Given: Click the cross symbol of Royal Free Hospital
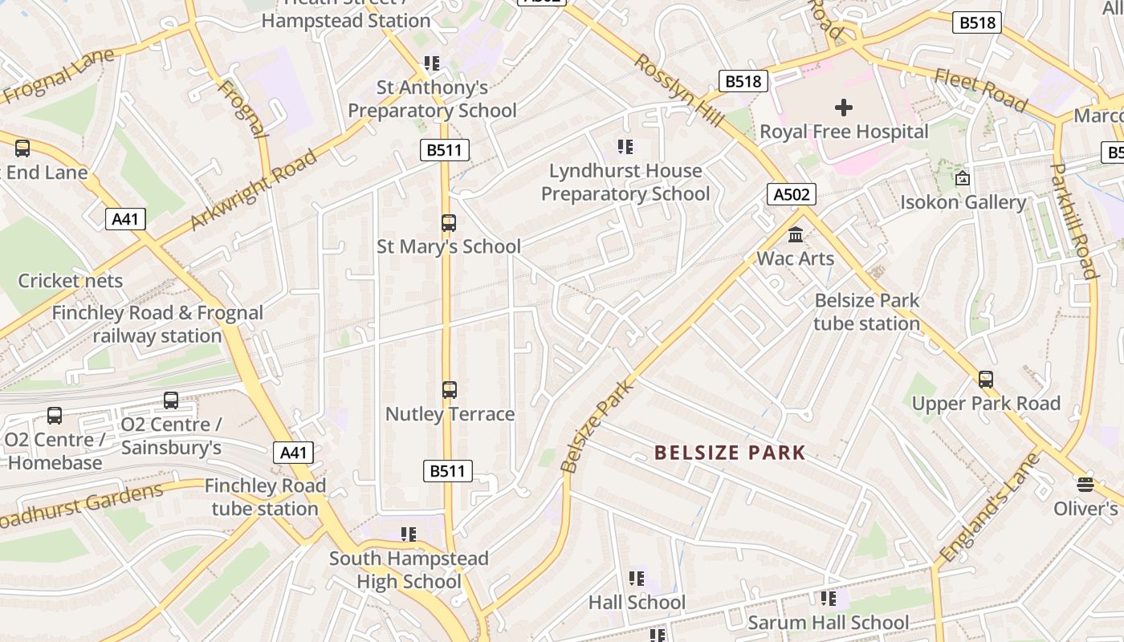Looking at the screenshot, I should pyautogui.click(x=843, y=107).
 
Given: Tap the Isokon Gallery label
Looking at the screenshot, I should pyautogui.click(x=963, y=201).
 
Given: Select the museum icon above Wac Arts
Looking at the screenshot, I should pyautogui.click(x=796, y=235).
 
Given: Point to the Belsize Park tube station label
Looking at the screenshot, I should pyautogui.click(x=867, y=311).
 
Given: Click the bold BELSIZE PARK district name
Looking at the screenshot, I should pyautogui.click(x=730, y=453).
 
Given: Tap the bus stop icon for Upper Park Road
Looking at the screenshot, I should pyautogui.click(x=986, y=380).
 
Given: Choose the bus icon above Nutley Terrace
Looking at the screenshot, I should pyautogui.click(x=450, y=390).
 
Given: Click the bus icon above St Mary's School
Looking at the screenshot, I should pyautogui.click(x=449, y=223).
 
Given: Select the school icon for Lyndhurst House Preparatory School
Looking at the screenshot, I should pyautogui.click(x=625, y=147).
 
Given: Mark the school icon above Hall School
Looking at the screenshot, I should pyautogui.click(x=637, y=579).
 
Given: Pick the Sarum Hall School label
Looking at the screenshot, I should pyautogui.click(x=828, y=622).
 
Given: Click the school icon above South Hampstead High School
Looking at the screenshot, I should pyautogui.click(x=409, y=534).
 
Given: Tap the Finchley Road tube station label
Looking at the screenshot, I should pyautogui.click(x=265, y=497).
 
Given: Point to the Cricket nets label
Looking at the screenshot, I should pyautogui.click(x=71, y=281).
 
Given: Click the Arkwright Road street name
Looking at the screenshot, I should pyautogui.click(x=255, y=189).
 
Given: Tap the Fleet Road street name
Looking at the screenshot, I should pyautogui.click(x=980, y=90).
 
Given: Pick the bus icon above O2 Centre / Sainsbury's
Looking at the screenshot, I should pyautogui.click(x=171, y=400).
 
